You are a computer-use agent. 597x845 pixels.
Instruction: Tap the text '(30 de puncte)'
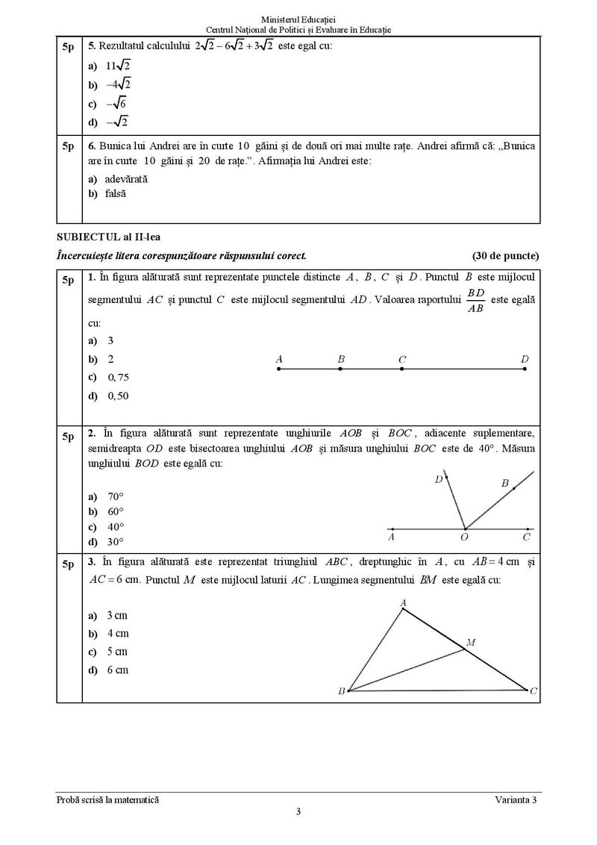pos(505,255)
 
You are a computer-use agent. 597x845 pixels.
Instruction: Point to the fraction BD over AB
pos(475,300)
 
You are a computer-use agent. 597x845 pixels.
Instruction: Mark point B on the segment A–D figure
pos(340,369)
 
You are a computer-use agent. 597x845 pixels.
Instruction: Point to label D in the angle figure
pos(439,479)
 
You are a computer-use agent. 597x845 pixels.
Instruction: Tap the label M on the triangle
pos(470,642)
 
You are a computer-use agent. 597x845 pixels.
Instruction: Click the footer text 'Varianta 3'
pos(515,799)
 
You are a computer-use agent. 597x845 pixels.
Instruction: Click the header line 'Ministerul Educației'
pos(298,17)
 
